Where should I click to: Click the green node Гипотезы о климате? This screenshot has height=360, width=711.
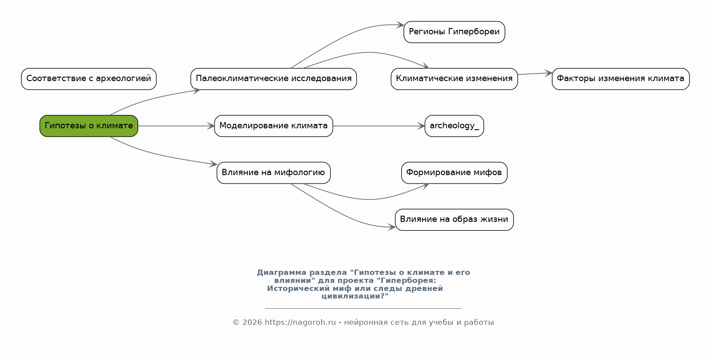(89, 126)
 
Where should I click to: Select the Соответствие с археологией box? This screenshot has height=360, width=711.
(89, 79)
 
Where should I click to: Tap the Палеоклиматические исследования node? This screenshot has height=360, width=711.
(273, 79)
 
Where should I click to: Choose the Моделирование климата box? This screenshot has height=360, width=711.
(273, 126)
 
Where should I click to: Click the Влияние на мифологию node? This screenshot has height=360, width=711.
(273, 172)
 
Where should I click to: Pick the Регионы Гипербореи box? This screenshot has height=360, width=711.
(454, 32)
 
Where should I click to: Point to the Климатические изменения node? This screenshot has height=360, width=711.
(454, 79)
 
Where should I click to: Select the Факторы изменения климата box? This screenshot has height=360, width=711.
(620, 79)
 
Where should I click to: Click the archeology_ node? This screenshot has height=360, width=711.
(454, 126)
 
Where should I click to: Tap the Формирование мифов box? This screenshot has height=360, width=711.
(454, 172)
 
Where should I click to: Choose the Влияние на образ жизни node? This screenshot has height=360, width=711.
(454, 219)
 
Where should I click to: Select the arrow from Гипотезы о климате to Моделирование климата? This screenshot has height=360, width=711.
(176, 126)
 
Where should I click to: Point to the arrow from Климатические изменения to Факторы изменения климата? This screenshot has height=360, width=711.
(534, 74)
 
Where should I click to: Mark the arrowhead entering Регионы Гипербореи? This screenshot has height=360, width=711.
(401, 25)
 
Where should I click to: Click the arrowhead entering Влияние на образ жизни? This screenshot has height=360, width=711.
(392, 227)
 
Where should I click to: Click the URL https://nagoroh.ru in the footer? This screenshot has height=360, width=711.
(300, 322)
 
